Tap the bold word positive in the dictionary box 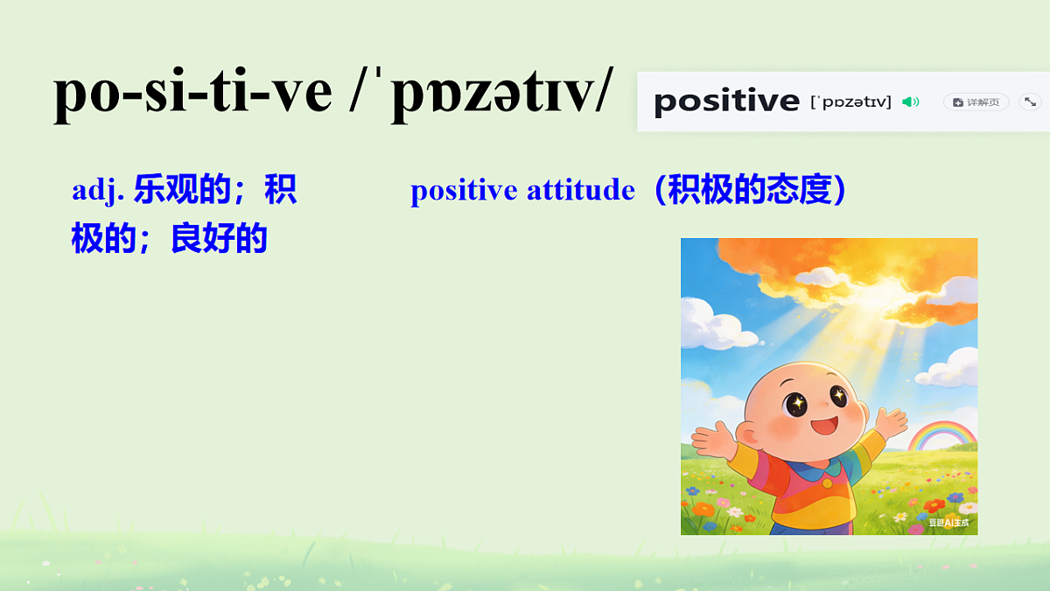[726, 102]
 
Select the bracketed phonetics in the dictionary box [850, 102]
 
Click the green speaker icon [911, 102]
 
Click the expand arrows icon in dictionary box [1030, 102]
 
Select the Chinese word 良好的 [219, 238]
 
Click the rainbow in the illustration [941, 434]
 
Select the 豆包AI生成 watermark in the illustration [948, 523]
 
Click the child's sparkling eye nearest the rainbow [837, 397]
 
